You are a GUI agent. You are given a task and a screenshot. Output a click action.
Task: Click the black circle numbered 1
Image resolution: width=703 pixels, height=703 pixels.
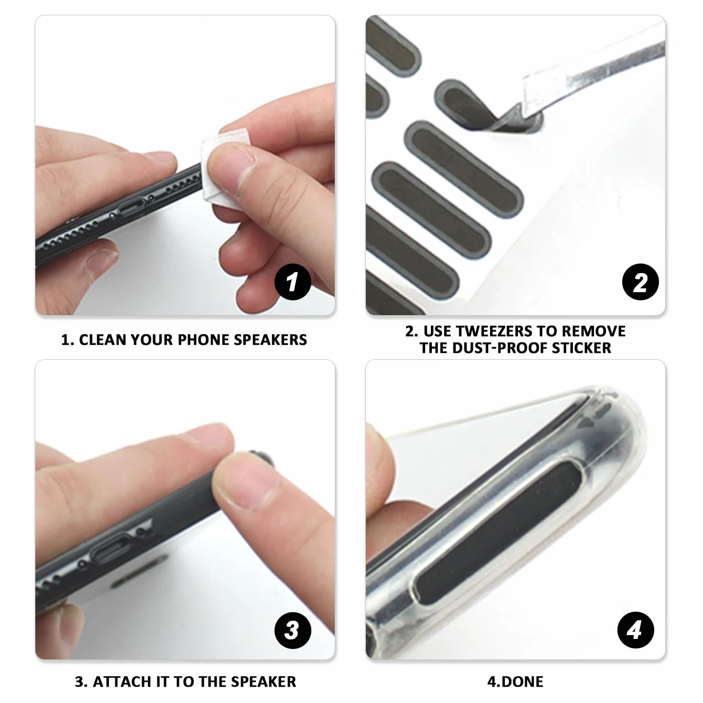pyautogui.click(x=293, y=282)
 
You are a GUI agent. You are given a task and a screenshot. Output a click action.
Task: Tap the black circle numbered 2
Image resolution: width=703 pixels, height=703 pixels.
pyautogui.click(x=640, y=282)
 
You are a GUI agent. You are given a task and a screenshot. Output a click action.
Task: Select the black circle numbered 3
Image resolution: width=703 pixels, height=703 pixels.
pyautogui.click(x=293, y=630)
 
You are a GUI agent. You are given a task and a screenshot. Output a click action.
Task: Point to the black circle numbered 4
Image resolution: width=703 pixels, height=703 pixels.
pyautogui.click(x=636, y=630)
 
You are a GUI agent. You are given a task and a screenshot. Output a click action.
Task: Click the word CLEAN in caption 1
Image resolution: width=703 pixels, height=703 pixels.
pyautogui.click(x=102, y=340)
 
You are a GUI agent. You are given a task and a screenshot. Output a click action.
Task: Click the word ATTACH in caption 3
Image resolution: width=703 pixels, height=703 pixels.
pyautogui.click(x=122, y=681)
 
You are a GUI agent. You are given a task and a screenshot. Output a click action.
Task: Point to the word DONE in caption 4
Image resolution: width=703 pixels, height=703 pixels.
pyautogui.click(x=523, y=681)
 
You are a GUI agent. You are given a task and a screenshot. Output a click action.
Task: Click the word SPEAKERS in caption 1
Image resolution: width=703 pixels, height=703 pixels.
pyautogui.click(x=270, y=340)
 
